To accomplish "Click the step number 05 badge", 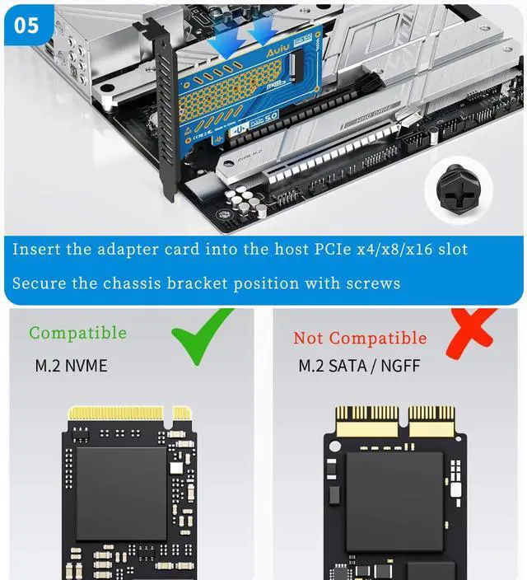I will coord(27,25).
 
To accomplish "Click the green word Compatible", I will coord(77,333).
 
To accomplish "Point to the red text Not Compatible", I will coord(360,338).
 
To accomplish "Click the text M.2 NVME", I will coord(71,365).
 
